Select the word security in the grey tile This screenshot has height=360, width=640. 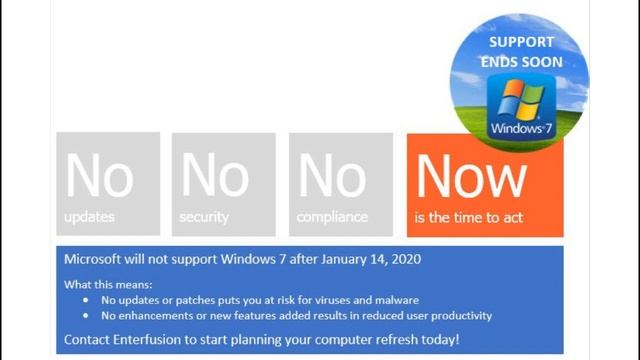[x=205, y=217]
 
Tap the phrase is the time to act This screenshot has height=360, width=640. [x=469, y=217]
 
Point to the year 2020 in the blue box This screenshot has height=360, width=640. [x=403, y=259]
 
